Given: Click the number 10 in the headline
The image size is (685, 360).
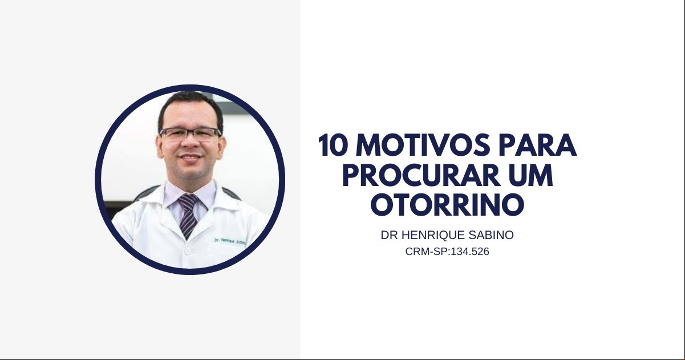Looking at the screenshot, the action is pos(333,145).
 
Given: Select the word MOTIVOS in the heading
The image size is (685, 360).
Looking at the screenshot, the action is pos(424,145).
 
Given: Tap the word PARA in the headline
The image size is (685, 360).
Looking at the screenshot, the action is pos(538,145).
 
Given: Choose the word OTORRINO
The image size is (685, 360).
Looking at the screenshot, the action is pos(447,204).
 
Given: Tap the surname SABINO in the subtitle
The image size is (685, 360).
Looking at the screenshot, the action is pos(487,235).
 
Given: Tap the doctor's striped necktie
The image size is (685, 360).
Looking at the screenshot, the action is pos(188,216).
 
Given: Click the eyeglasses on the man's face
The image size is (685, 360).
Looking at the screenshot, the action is pos(190,133).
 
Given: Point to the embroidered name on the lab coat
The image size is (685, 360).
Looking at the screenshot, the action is pos(230,241).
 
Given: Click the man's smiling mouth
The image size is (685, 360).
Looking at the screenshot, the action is pos(190,157).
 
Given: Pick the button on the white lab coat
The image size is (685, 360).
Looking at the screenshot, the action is pos(188,251).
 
